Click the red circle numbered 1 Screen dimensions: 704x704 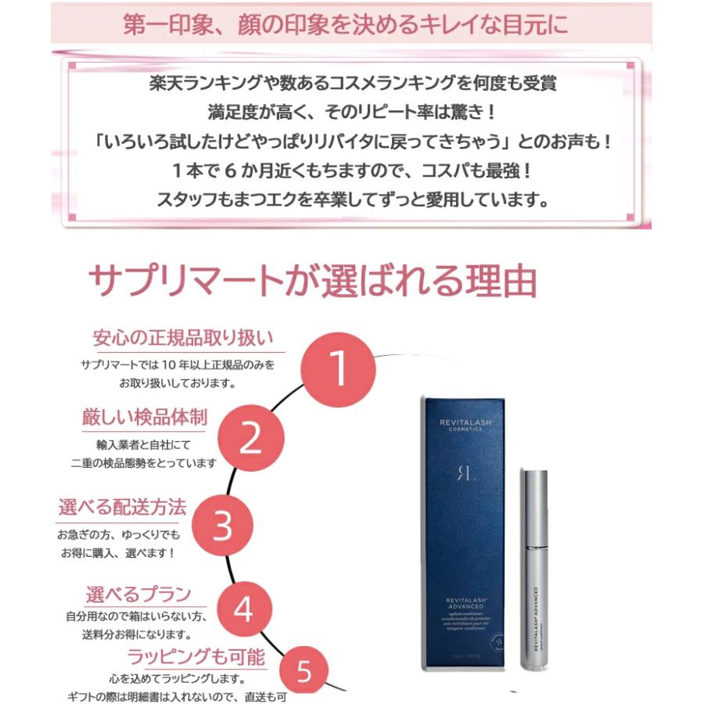[337, 368]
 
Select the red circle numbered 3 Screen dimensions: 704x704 [223, 526]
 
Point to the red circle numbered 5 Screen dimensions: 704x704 [304, 670]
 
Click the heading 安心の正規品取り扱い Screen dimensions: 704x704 [183, 339]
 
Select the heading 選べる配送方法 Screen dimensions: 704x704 [123, 507]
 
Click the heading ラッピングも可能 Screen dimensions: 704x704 [196, 655]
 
